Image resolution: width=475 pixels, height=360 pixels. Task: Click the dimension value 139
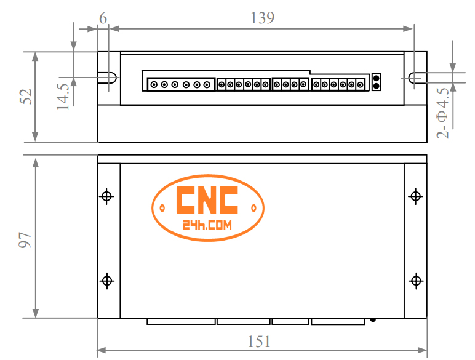262,18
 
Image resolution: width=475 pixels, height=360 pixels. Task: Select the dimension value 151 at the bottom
259,341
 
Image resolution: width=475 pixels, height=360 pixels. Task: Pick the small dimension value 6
103,18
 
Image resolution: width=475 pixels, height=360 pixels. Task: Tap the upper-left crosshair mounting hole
107,196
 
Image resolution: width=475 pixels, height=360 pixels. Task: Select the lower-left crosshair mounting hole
107,281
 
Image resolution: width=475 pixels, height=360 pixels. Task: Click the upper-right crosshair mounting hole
416,196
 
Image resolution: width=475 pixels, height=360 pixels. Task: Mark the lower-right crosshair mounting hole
416,281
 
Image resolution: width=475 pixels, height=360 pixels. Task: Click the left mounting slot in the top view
108,78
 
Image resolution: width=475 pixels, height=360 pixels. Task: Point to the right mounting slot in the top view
415,78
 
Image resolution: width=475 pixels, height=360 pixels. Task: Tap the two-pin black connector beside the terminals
377,82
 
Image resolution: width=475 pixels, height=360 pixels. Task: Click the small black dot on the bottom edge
373,319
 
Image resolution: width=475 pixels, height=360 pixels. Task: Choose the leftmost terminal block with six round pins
180,84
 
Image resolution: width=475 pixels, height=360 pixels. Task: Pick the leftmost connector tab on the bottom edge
181,321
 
